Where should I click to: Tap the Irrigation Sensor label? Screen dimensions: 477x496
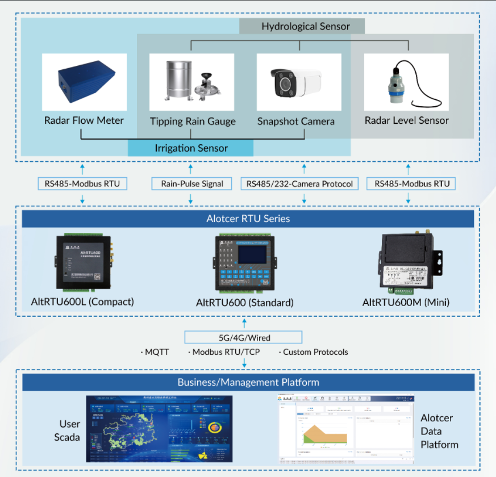191,148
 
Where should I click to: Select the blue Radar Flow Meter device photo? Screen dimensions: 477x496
84,82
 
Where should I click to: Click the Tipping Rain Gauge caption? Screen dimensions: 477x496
193,122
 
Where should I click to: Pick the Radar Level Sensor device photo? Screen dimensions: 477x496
406,82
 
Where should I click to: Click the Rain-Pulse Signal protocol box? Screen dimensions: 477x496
192,183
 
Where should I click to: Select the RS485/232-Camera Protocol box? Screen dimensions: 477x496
299,183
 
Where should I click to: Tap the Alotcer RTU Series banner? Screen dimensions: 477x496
248,219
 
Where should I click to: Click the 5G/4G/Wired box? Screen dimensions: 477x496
244,337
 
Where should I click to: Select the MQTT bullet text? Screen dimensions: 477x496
156,352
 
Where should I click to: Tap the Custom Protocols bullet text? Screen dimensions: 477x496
314,352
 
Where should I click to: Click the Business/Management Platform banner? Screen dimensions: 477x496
248,382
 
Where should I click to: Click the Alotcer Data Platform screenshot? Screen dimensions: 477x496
344,429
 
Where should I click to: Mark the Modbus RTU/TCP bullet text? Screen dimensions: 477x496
225,352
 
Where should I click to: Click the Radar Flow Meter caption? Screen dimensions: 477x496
84,120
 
